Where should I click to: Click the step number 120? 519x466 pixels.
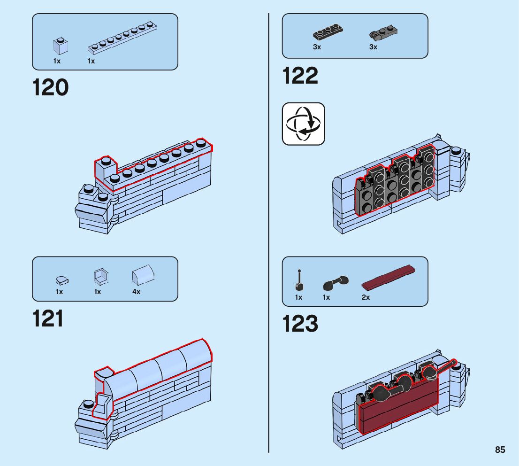[51, 88]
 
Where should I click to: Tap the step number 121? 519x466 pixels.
[48, 318]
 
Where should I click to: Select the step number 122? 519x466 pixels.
[300, 76]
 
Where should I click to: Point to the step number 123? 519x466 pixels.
[300, 324]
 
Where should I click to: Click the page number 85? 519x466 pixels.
[500, 450]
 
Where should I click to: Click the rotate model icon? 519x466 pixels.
[303, 124]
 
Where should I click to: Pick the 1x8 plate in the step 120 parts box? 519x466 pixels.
[122, 37]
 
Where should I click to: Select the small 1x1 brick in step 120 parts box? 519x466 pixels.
[60, 45]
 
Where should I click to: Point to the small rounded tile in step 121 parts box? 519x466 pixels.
[61, 280]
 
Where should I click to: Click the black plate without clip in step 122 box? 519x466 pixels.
[328, 33]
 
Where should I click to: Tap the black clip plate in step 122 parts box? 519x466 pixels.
[383, 33]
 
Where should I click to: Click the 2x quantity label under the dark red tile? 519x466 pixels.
[366, 297]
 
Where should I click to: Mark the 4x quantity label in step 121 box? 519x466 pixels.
[136, 292]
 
